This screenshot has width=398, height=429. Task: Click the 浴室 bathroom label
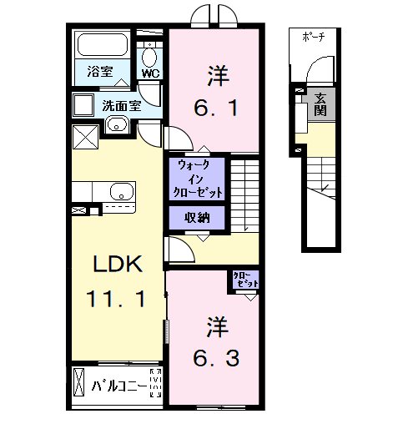click(x=100, y=71)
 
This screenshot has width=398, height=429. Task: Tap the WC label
click(x=151, y=73)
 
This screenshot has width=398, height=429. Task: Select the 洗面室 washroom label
click(x=122, y=106)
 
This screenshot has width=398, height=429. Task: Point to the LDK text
click(x=118, y=264)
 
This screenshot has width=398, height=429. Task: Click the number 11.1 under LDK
click(x=116, y=299)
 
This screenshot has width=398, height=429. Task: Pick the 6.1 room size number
click(x=216, y=108)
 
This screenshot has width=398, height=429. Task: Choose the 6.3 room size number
click(x=216, y=358)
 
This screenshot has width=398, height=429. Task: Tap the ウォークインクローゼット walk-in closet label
click(x=198, y=179)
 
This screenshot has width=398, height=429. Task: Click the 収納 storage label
click(x=197, y=218)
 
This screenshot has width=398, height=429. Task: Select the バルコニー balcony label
click(x=119, y=386)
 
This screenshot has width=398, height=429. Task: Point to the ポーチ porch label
click(x=314, y=37)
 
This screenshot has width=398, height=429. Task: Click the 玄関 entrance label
click(x=320, y=104)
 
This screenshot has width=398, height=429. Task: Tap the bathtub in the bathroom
click(x=103, y=45)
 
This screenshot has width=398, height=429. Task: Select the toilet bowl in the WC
click(x=149, y=58)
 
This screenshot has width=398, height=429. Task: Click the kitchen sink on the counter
click(x=122, y=192)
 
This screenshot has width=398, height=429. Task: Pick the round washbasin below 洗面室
click(x=117, y=124)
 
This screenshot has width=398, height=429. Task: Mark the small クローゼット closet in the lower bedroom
click(x=245, y=280)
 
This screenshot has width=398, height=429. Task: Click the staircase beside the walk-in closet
click(x=245, y=195)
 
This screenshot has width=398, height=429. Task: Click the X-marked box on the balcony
click(x=78, y=381)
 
